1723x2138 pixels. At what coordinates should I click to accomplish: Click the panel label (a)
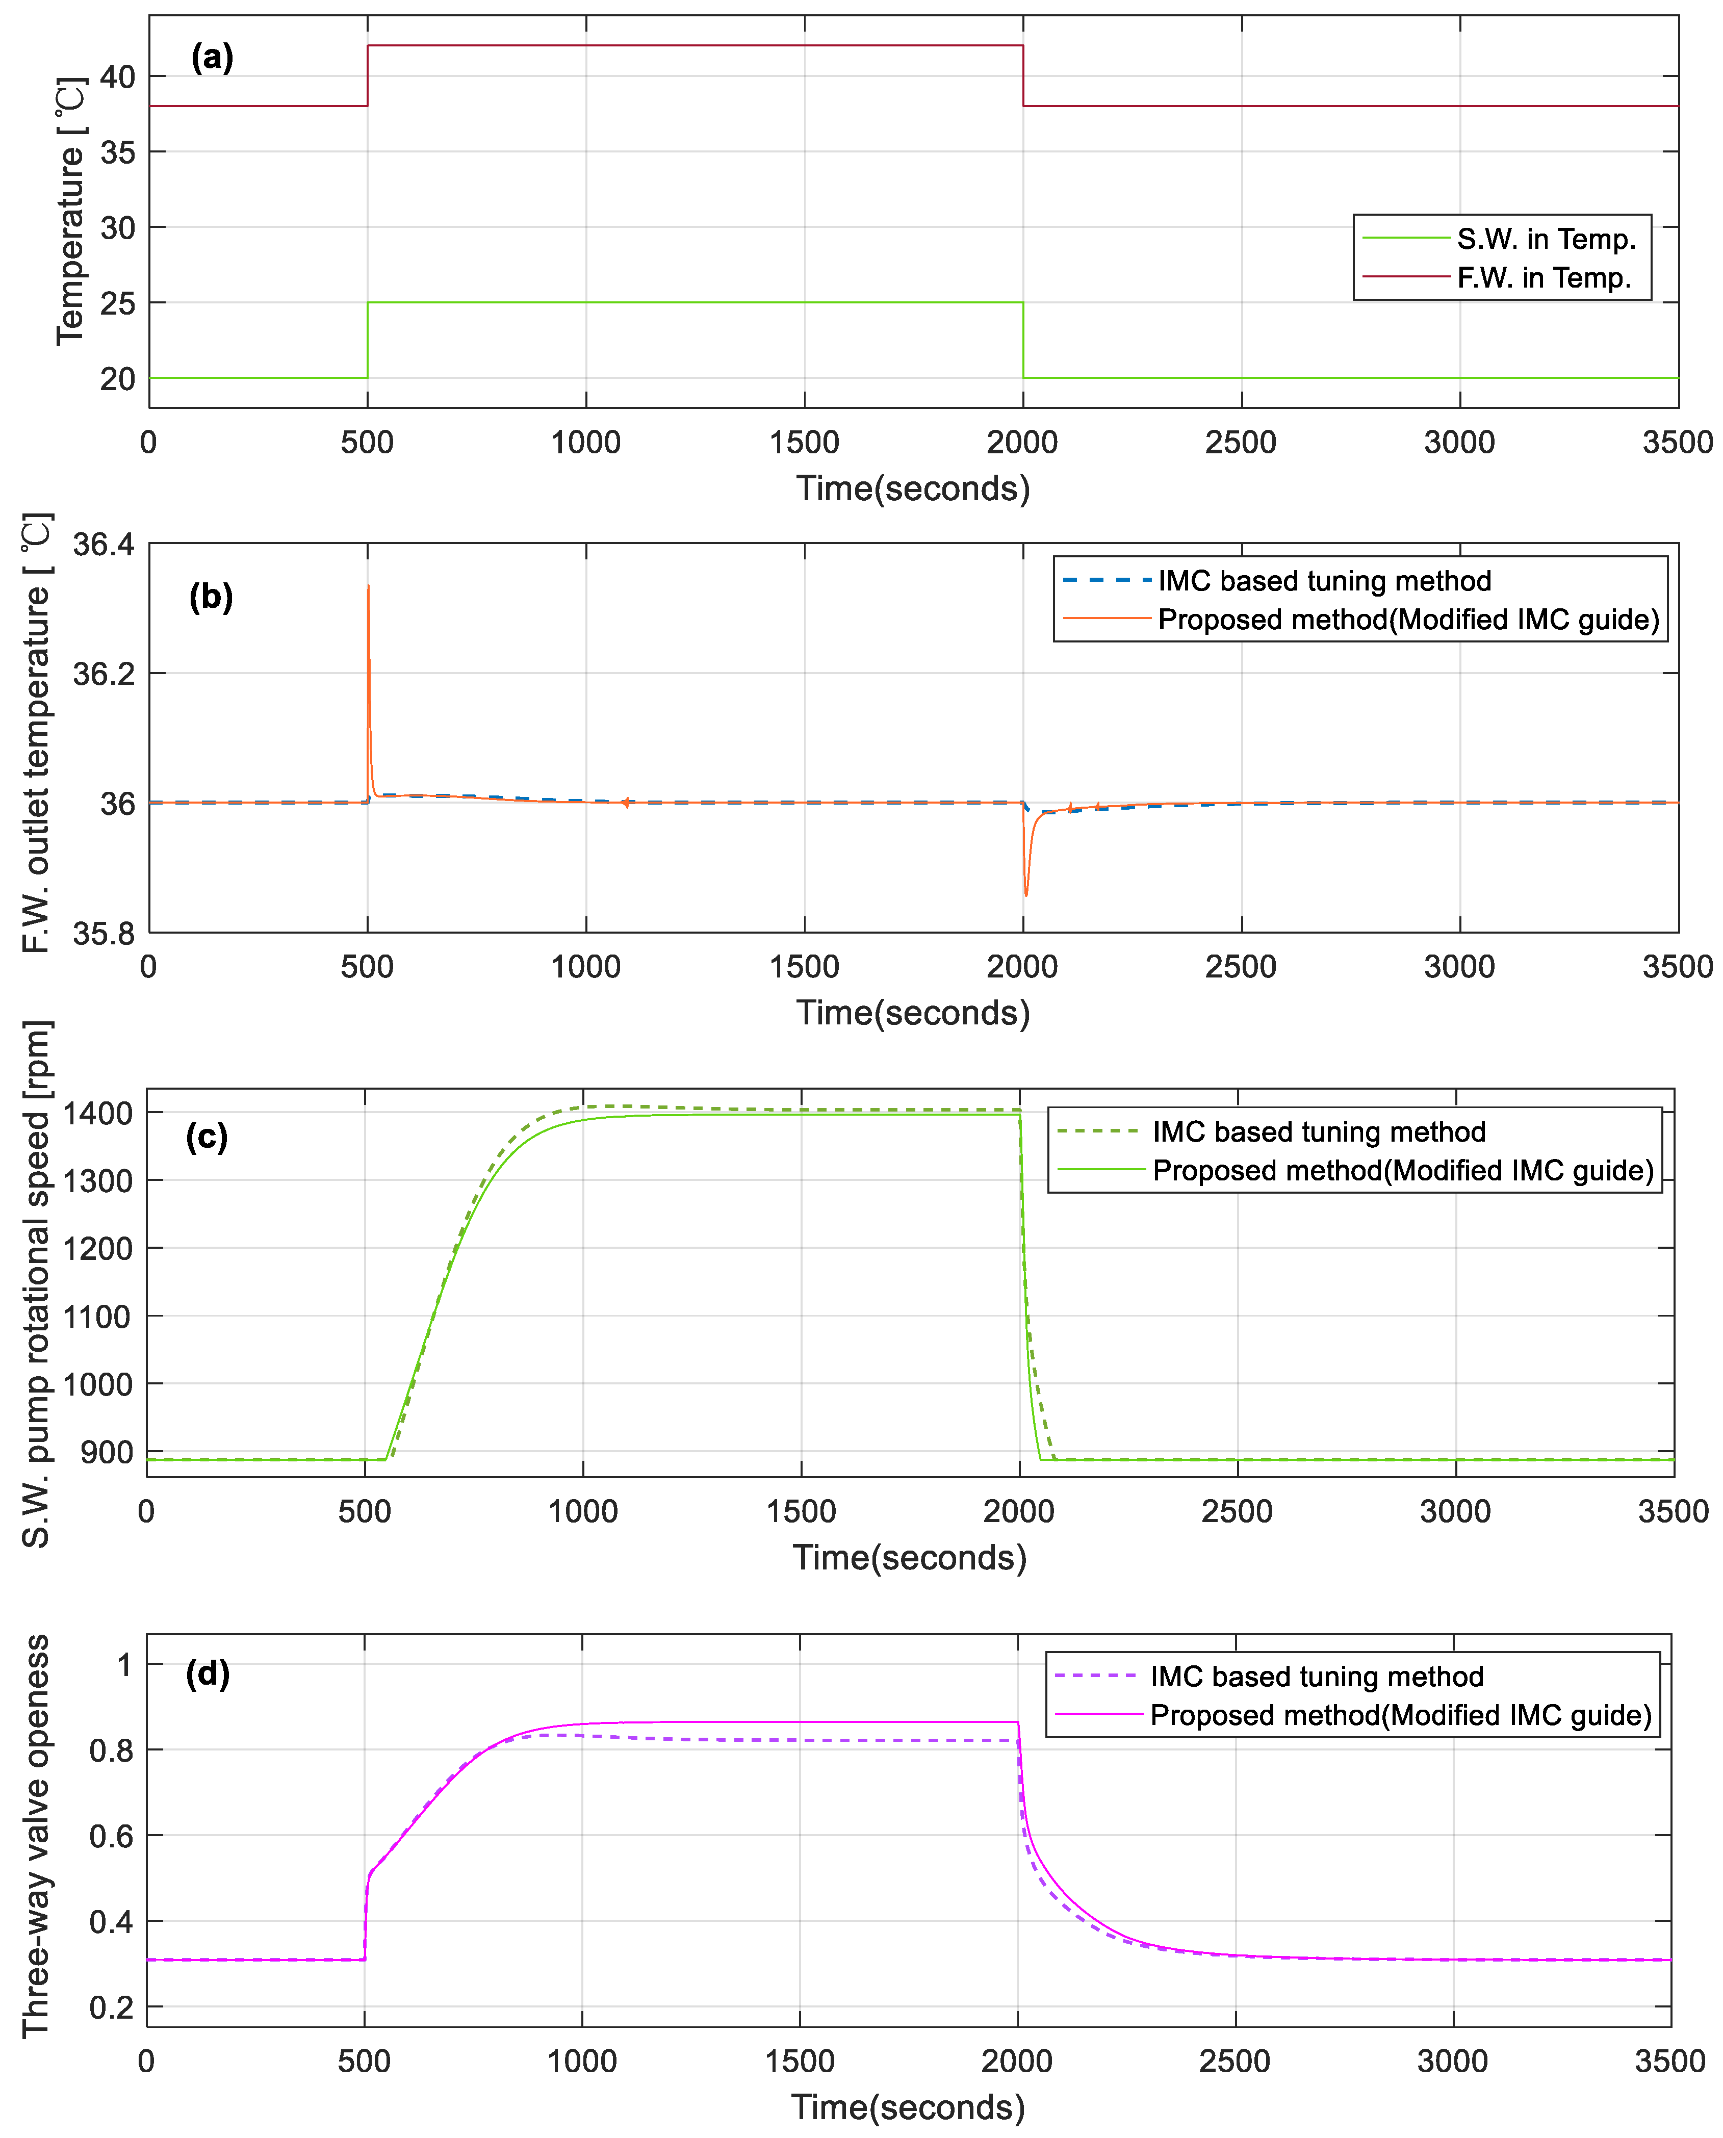212,58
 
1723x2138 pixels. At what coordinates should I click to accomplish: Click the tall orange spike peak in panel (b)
368,586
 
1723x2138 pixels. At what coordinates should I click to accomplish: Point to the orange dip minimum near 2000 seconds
1026,895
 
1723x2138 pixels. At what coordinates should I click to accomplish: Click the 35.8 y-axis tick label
103,933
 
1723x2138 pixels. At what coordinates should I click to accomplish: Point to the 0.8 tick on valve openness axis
111,1751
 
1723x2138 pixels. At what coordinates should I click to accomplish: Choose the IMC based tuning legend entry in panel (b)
1324,581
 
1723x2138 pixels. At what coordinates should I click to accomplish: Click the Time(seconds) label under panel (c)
909,1557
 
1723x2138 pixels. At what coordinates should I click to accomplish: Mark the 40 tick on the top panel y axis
117,76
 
